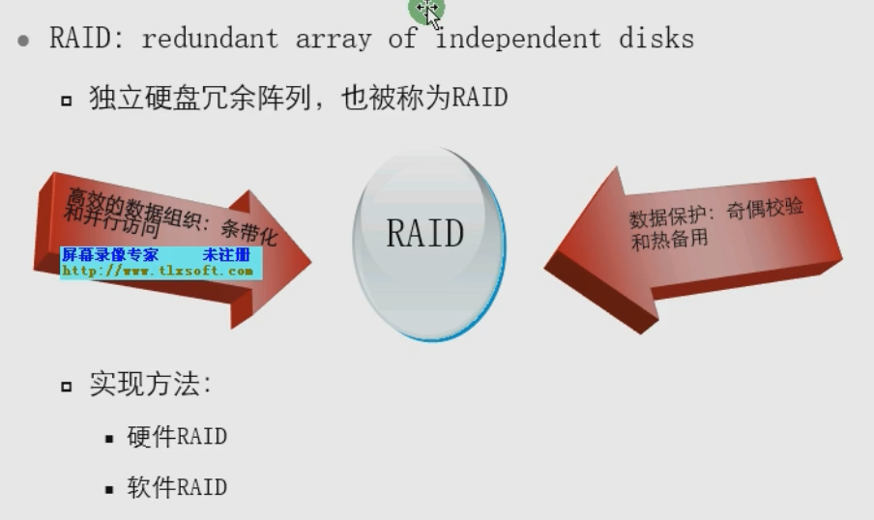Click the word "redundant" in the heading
pyautogui.click(x=210, y=40)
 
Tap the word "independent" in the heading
pyautogui.click(x=517, y=40)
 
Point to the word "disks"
pyautogui.click(x=658, y=40)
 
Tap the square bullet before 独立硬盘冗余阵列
pyautogui.click(x=66, y=100)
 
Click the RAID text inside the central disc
pyautogui.click(x=425, y=233)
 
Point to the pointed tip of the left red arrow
pyautogui.click(x=308, y=259)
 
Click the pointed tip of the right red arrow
pyautogui.click(x=547, y=263)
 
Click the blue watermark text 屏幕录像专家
pyautogui.click(x=110, y=255)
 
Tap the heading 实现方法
pyautogui.click(x=149, y=385)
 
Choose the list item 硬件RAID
pyautogui.click(x=177, y=437)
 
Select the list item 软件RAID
pyautogui.click(x=177, y=487)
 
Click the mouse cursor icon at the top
pyautogui.click(x=428, y=11)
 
